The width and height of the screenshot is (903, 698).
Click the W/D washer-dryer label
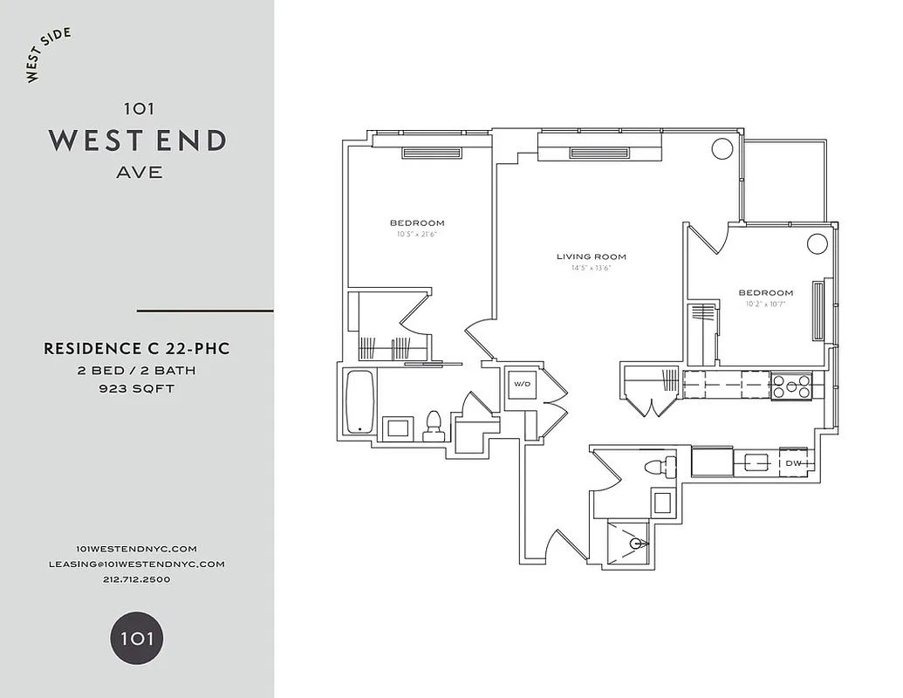coord(521,384)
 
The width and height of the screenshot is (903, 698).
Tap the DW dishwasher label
coord(794,463)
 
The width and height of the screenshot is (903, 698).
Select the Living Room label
coord(592,257)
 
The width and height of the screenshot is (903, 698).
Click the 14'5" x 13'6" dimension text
coord(592,268)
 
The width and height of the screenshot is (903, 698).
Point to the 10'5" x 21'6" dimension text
coord(417,234)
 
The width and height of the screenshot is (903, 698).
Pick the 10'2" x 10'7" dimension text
coord(765,305)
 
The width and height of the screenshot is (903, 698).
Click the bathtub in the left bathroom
coord(359,402)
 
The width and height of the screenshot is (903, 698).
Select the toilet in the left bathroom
coord(432,424)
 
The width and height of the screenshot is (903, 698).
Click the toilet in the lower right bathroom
coord(659,467)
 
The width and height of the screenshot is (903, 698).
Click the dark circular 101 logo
coord(137,638)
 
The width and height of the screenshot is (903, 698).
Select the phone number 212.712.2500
coord(137,579)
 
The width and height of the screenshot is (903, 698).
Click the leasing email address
coord(137,564)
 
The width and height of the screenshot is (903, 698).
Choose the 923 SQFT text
coord(137,388)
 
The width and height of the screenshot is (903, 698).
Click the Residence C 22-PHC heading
coord(137,349)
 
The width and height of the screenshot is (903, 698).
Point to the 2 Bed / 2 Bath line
coord(137,370)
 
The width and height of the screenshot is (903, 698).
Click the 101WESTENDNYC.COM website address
coord(137,548)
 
